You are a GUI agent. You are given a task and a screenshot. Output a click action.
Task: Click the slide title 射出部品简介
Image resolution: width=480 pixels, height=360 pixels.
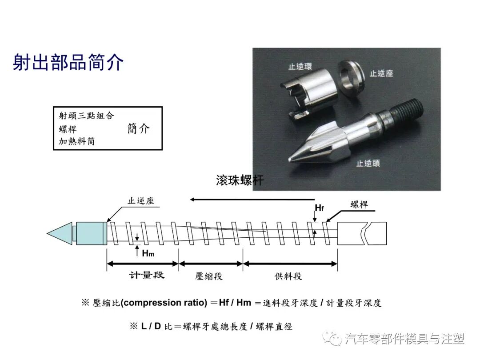(68, 63)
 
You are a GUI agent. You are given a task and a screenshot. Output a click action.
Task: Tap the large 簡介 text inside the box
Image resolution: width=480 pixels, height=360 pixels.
(138, 129)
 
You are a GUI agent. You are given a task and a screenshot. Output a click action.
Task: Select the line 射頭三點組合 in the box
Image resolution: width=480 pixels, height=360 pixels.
(86, 116)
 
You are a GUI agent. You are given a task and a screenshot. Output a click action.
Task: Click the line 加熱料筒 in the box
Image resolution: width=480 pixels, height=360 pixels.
(76, 142)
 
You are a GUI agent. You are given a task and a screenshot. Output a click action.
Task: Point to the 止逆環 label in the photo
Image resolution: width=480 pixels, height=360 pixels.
(300, 67)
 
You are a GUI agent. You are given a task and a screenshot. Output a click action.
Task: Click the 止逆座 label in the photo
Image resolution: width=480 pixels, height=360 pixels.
(381, 73)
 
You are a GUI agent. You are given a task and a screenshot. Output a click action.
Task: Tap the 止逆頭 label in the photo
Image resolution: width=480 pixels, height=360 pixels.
(368, 163)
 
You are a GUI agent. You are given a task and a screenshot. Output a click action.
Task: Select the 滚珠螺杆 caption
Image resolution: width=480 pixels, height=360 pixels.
(240, 180)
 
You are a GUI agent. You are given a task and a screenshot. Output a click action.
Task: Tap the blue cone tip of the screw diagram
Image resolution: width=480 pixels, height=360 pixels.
(60, 233)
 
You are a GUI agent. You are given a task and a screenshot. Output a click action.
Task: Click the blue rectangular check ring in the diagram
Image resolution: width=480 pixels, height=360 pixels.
(91, 233)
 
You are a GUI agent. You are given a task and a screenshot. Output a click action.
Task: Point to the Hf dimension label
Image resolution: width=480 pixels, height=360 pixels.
(319, 208)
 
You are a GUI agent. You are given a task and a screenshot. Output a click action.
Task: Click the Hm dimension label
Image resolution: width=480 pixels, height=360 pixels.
(148, 253)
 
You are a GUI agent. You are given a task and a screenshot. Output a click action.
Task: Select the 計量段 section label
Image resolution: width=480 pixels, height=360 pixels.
(147, 275)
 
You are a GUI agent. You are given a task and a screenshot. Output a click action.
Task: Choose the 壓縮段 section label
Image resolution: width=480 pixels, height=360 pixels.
(209, 276)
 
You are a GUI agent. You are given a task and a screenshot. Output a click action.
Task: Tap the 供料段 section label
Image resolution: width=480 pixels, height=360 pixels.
(288, 276)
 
